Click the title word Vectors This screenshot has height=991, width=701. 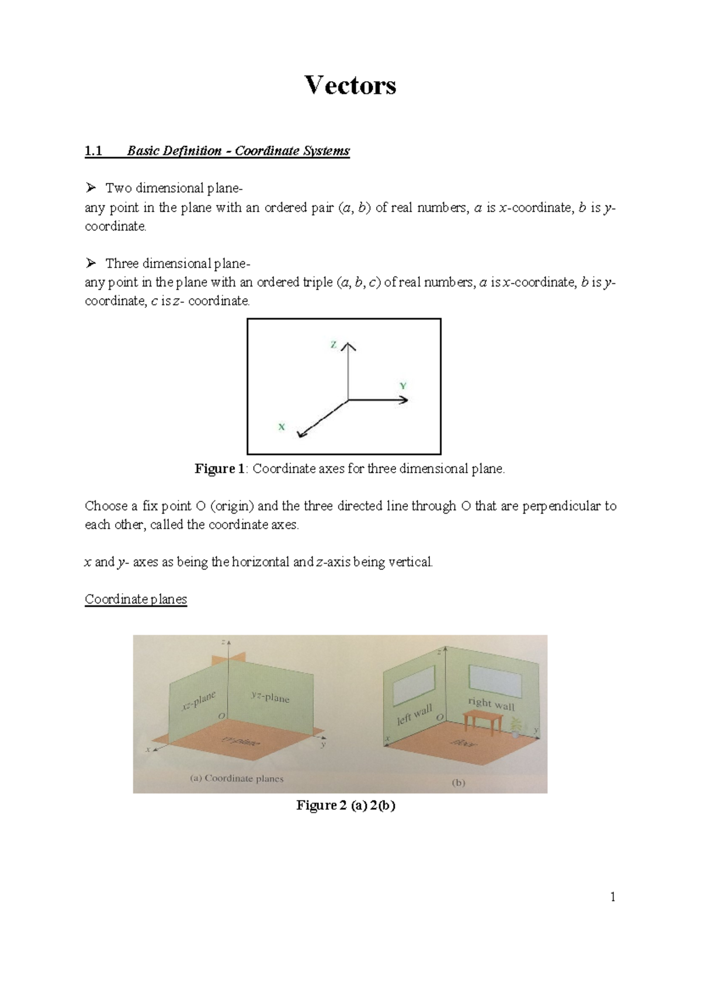[350, 85]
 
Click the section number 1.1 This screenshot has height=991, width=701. [93, 151]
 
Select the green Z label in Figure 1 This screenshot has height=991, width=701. [334, 345]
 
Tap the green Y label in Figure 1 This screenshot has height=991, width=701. [403, 386]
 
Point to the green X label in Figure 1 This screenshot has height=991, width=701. [282, 427]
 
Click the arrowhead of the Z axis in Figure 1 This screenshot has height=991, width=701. [349, 346]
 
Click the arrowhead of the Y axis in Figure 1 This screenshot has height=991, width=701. [404, 400]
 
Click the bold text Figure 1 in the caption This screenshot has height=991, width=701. [220, 469]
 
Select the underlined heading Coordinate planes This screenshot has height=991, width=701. [136, 600]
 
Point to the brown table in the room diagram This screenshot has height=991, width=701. [483, 721]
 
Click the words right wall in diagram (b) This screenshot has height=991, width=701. [491, 704]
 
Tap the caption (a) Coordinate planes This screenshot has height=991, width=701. [237, 778]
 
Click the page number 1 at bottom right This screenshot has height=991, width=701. [613, 898]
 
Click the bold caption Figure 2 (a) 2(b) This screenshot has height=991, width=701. [346, 805]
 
